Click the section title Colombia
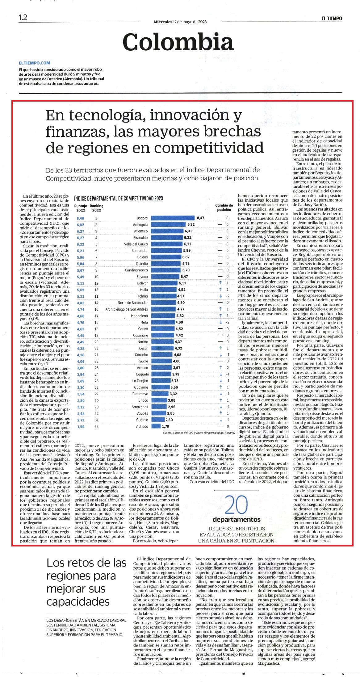pyautogui.click(x=178, y=42)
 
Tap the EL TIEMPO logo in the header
pyautogui.click(x=331, y=19)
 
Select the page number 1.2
pyautogui.click(x=23, y=18)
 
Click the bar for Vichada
pyautogui.click(x=156, y=426)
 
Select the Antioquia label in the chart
pyautogui.click(x=140, y=224)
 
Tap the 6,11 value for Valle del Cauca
pyautogui.click(x=188, y=244)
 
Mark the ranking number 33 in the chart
pyautogui.click(x=96, y=426)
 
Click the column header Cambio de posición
pyautogui.click(x=224, y=207)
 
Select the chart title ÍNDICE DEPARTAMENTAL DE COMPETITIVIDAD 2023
pyautogui.click(x=119, y=199)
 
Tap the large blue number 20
pyautogui.click(x=237, y=505)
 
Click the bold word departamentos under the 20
pyautogui.click(x=237, y=519)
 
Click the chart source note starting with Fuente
pyautogui.click(x=199, y=433)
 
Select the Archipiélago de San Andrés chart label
pyautogui.click(x=127, y=309)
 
